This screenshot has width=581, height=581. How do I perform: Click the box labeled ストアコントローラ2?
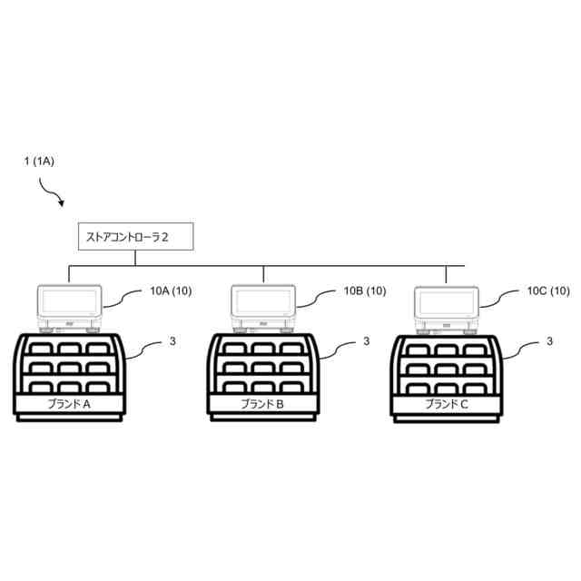127,239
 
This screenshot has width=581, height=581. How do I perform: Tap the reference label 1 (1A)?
39,162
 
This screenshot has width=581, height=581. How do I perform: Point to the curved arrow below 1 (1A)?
52,192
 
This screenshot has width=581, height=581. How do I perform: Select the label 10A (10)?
170,291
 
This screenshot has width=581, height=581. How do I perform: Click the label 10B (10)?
365,291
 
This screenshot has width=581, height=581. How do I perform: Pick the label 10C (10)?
548,291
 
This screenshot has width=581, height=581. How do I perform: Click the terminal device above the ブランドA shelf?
70,307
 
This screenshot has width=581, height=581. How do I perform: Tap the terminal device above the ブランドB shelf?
263,307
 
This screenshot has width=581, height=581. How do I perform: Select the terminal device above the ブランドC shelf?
447,307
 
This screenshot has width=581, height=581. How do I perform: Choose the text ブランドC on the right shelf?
447,405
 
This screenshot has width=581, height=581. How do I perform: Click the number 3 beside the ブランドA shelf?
172,342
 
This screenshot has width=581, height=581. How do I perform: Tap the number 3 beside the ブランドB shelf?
367,342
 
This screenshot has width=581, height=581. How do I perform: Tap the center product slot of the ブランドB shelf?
263,368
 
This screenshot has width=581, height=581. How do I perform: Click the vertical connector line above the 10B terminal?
263,275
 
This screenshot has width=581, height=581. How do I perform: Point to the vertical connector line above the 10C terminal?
447,275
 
